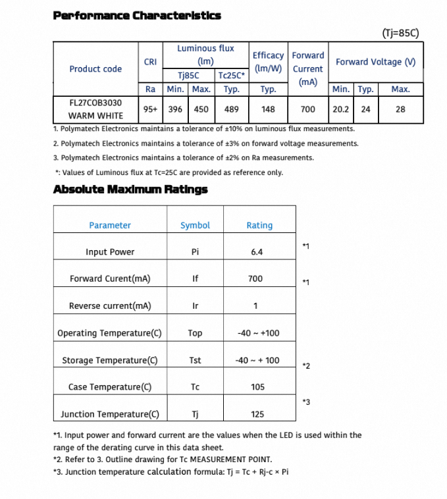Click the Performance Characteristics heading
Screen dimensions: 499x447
click(x=136, y=15)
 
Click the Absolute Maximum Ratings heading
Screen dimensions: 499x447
click(x=130, y=190)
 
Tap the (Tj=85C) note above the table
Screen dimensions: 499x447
click(x=400, y=33)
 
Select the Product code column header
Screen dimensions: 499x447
click(x=95, y=68)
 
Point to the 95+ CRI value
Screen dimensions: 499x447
click(x=150, y=109)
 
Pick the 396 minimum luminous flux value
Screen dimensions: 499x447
click(x=176, y=109)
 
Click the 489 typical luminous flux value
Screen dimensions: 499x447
click(x=232, y=109)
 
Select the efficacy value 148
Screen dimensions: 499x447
click(x=268, y=109)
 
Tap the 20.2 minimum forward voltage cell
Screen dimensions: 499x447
click(x=340, y=109)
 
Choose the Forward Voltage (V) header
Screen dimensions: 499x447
click(x=376, y=62)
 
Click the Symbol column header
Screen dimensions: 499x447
click(x=195, y=225)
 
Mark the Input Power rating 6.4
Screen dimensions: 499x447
click(x=257, y=252)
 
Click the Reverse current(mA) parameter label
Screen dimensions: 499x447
click(x=110, y=306)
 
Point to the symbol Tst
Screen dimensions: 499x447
click(x=195, y=360)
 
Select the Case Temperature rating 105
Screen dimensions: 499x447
click(x=257, y=387)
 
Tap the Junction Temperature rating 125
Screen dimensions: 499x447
click(x=257, y=414)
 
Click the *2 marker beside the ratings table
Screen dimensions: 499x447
click(x=306, y=365)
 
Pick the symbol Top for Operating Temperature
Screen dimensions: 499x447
click(x=195, y=333)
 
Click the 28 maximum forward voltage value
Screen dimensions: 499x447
click(x=400, y=109)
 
